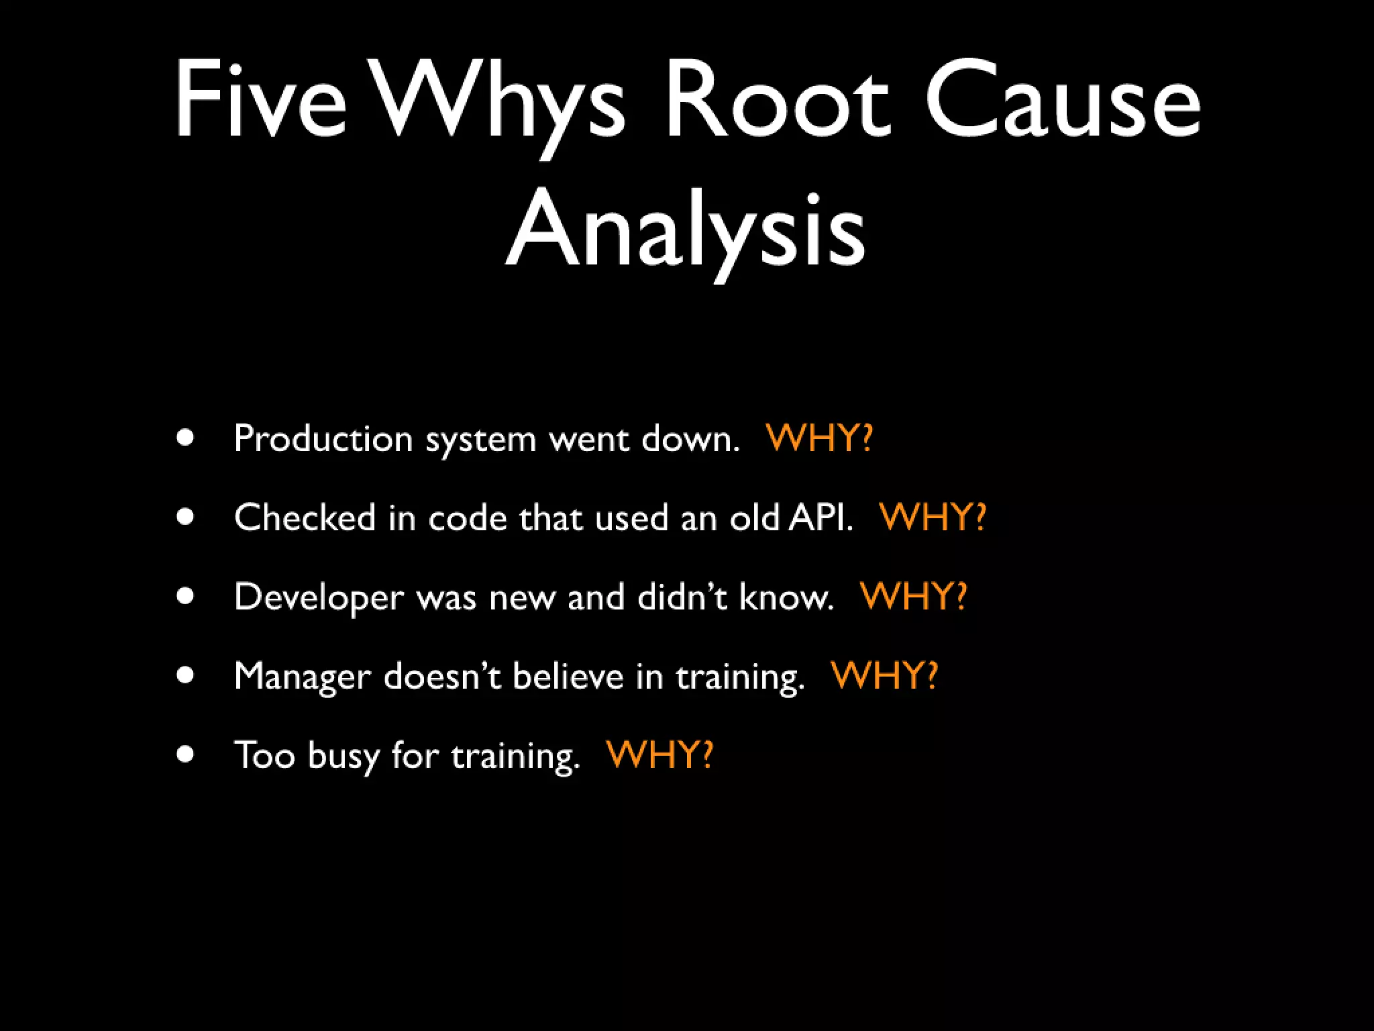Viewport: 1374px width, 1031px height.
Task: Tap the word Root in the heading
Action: point(778,101)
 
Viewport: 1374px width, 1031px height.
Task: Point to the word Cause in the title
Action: point(1063,101)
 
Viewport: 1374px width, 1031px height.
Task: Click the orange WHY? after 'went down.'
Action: point(819,438)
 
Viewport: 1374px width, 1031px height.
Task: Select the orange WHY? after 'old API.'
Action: point(933,518)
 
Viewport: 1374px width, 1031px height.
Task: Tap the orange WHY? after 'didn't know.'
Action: point(914,596)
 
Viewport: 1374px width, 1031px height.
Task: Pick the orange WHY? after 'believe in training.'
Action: point(884,675)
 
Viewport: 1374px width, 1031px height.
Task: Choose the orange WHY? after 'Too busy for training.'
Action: point(659,754)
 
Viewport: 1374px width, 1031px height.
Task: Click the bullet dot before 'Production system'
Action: point(186,438)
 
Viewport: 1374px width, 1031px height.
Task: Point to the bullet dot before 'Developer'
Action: point(186,596)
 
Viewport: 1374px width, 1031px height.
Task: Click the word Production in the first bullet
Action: point(323,439)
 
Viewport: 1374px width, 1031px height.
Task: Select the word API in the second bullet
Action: point(820,518)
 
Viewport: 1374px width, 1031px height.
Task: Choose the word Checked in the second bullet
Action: point(305,518)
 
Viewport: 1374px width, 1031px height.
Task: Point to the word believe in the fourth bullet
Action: point(568,675)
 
